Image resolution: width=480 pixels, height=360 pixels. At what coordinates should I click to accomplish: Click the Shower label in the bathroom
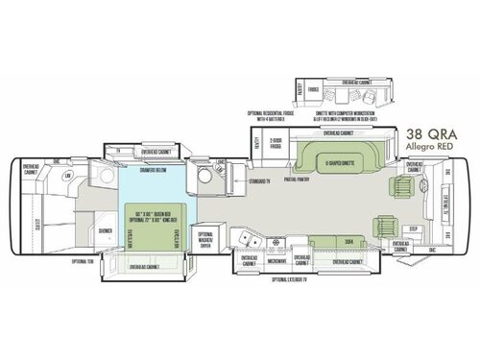tap(104, 231)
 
